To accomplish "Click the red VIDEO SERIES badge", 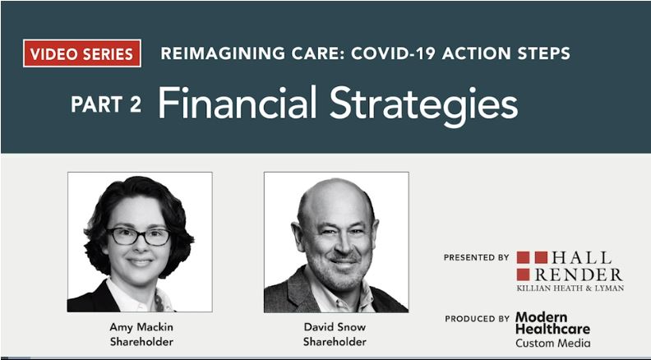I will click(x=82, y=53).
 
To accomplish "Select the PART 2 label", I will click(x=106, y=104).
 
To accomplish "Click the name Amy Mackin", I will click(x=141, y=326).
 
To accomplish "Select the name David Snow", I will click(x=335, y=326).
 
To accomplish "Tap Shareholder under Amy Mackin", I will click(x=141, y=341).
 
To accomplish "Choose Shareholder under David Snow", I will click(x=335, y=341).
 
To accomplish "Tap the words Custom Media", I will click(x=552, y=342).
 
